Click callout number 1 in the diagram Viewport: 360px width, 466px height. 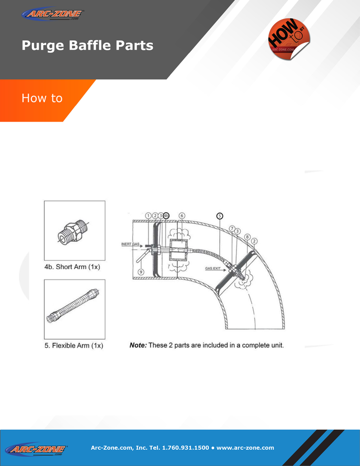click(x=148, y=216)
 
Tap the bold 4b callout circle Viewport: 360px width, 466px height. click(x=166, y=216)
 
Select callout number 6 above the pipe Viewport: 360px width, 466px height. click(x=182, y=216)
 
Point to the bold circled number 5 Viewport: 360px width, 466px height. click(x=220, y=216)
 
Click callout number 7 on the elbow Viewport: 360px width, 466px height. click(x=232, y=228)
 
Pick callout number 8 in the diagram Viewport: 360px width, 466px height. click(x=246, y=236)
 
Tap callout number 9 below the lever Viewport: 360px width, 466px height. click(x=141, y=272)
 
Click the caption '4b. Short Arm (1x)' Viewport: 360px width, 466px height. click(x=72, y=267)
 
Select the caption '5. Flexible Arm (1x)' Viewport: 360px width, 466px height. click(x=74, y=346)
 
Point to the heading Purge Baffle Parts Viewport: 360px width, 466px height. click(x=87, y=46)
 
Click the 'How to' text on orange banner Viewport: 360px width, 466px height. click(x=42, y=98)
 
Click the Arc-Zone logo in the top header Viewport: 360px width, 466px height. click(x=53, y=14)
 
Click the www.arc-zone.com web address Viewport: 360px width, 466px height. click(x=245, y=448)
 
